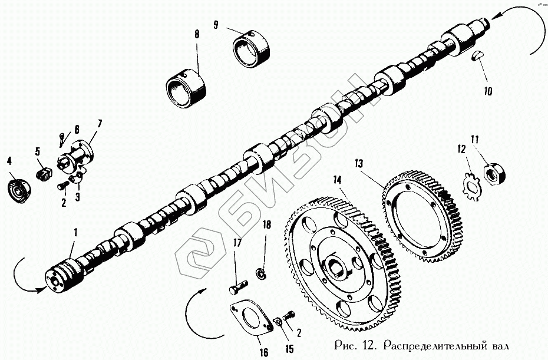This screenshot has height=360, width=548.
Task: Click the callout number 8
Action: (x=196, y=34)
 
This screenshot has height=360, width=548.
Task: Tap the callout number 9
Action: (x=216, y=25)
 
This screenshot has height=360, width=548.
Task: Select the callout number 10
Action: (x=489, y=92)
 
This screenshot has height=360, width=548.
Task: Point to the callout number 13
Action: (x=359, y=163)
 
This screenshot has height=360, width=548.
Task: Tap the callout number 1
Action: (x=74, y=233)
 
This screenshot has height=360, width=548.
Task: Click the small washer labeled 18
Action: (x=260, y=273)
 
